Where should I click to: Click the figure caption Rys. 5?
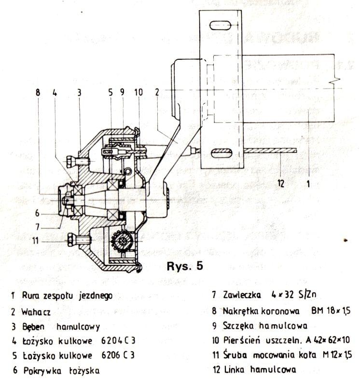pos(185,266)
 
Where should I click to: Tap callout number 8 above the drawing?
pos(38,93)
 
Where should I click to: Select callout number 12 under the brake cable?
pos(281,183)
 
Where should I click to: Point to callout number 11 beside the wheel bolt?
pos(36,240)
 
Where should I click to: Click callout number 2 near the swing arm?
pos(157,92)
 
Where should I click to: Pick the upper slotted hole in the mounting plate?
pos(221,26)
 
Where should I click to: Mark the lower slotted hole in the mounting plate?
pos(222,153)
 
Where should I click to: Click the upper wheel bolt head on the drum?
pos(70,161)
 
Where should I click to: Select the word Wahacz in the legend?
pos(36,312)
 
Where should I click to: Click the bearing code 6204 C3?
pos(118,341)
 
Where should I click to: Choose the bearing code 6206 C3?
pos(118,355)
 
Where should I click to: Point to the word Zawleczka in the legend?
pos(242,295)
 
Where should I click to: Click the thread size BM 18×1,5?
pos(331,311)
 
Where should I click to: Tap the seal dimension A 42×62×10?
pos(328,340)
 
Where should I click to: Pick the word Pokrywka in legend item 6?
pos(42,371)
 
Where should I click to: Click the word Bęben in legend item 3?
pos(33,327)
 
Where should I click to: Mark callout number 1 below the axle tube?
pos(308,183)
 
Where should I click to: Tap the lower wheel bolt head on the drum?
pos(71,240)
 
